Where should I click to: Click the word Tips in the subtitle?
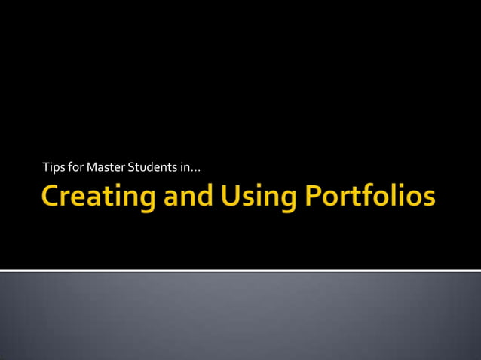(54, 166)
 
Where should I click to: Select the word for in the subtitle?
(76, 166)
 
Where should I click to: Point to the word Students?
(154, 166)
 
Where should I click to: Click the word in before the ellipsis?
(185, 166)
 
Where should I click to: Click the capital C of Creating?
(51, 197)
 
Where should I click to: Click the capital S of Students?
(133, 166)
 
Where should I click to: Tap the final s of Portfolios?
(428, 199)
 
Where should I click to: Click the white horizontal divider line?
(240, 270)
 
